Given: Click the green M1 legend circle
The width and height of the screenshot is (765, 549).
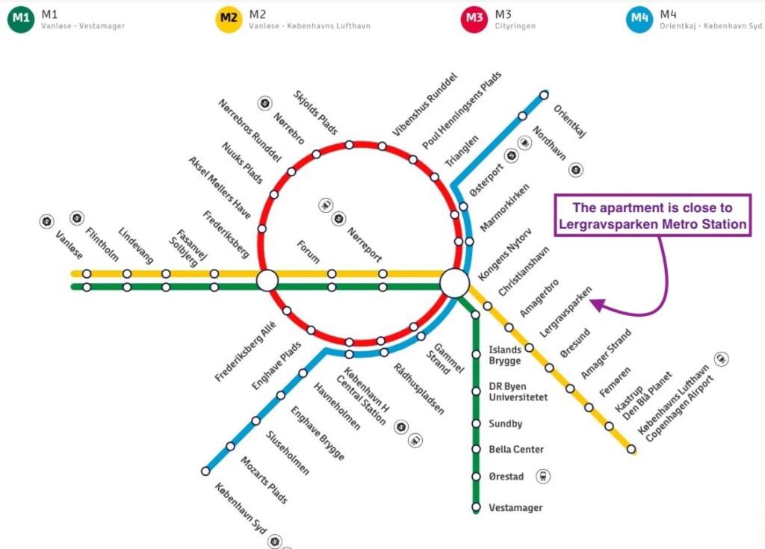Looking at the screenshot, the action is point(21,19).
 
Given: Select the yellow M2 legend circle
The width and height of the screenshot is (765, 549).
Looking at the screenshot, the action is point(229,19).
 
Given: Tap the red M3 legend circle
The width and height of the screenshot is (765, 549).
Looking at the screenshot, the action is point(474,19).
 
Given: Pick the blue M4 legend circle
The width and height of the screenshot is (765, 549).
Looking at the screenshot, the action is point(639,19).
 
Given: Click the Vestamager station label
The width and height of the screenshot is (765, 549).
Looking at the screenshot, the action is point(515,507).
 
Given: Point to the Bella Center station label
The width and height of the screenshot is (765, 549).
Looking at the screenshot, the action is point(516,449).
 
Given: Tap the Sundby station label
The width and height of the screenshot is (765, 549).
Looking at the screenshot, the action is point(506,424).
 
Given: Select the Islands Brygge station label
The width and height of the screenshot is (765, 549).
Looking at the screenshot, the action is point(505,355).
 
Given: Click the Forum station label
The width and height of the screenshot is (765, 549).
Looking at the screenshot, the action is point(309,252).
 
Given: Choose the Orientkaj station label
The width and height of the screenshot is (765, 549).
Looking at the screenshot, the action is point(569,120).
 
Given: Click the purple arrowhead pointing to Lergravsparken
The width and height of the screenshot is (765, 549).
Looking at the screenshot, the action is point(598,305).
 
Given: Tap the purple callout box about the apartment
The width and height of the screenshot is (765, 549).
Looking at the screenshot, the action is point(653,216).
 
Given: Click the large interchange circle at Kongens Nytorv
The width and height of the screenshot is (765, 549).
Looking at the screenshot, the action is point(455,283).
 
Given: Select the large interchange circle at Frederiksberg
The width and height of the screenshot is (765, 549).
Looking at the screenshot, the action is point(267,281).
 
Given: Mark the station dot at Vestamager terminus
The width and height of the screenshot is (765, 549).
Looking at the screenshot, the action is point(476,507).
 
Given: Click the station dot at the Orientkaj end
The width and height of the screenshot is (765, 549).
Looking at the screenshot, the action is point(544,95).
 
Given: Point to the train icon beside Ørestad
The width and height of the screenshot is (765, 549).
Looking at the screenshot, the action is point(543,476).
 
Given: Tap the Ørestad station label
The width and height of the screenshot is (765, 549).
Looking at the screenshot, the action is point(507,477).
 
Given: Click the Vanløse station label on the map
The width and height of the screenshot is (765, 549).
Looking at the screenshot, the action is point(69,245).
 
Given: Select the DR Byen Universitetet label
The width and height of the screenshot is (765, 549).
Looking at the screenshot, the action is point(518,392).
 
